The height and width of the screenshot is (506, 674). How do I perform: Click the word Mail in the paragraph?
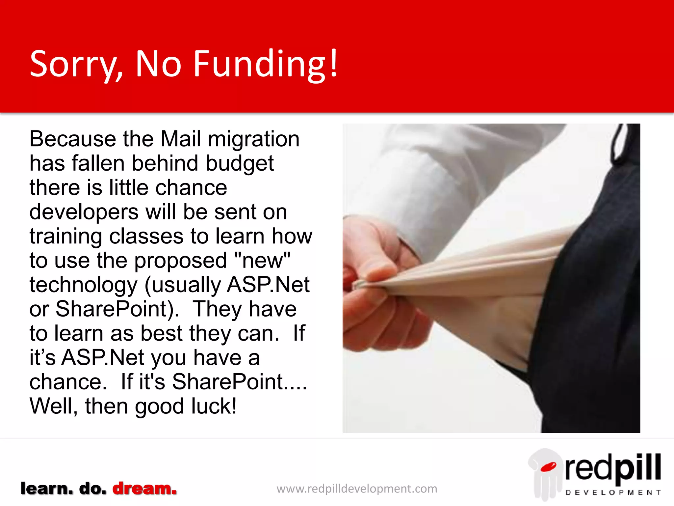[180, 139]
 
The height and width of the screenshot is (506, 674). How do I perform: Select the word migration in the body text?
[254, 139]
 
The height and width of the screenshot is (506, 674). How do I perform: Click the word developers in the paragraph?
[84, 212]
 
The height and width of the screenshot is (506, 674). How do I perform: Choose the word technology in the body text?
[83, 285]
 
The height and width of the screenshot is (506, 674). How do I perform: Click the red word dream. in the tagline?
[144, 488]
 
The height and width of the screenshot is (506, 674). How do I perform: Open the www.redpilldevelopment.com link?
[357, 489]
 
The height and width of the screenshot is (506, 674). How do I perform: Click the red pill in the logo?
[548, 467]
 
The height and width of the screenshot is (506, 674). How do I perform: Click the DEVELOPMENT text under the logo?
[613, 492]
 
